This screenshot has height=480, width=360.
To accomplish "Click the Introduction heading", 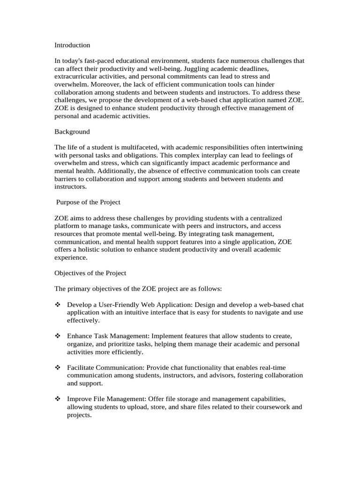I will tap(72, 45).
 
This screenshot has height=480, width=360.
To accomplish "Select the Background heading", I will tap(72, 132).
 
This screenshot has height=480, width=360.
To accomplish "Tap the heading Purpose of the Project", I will tap(88, 202).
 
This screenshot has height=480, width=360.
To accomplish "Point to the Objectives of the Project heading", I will tap(90, 273).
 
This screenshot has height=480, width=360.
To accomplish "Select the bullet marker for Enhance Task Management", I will tap(58, 337).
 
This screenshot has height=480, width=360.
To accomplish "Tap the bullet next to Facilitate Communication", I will tap(58, 367).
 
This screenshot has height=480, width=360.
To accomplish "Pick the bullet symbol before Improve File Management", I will tap(58, 399).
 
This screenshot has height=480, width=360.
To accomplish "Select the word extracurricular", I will tap(76, 76).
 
